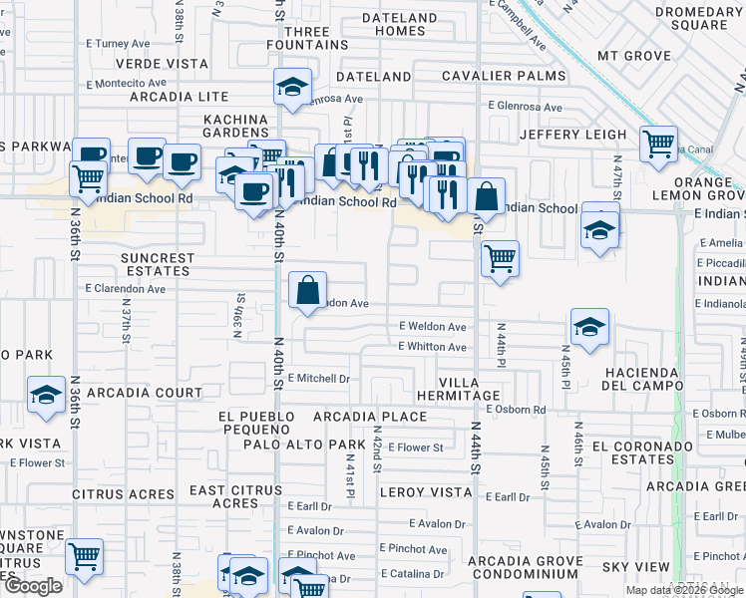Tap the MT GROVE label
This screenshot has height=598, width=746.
point(633,56)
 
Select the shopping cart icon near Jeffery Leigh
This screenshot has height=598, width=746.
point(658,146)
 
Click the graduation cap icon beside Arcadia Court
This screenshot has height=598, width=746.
point(46,396)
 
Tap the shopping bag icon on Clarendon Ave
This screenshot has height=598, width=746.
point(308,291)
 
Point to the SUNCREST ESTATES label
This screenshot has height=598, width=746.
point(158,264)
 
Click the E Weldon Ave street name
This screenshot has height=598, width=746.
point(433,326)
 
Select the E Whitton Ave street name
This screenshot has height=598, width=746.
point(432,347)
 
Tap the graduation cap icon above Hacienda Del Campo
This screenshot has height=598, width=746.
point(589,326)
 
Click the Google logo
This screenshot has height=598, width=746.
point(33,586)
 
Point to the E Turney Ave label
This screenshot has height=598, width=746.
point(117,44)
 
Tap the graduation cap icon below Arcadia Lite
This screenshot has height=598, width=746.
point(292,88)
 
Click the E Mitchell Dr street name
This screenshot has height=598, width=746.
point(318,379)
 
